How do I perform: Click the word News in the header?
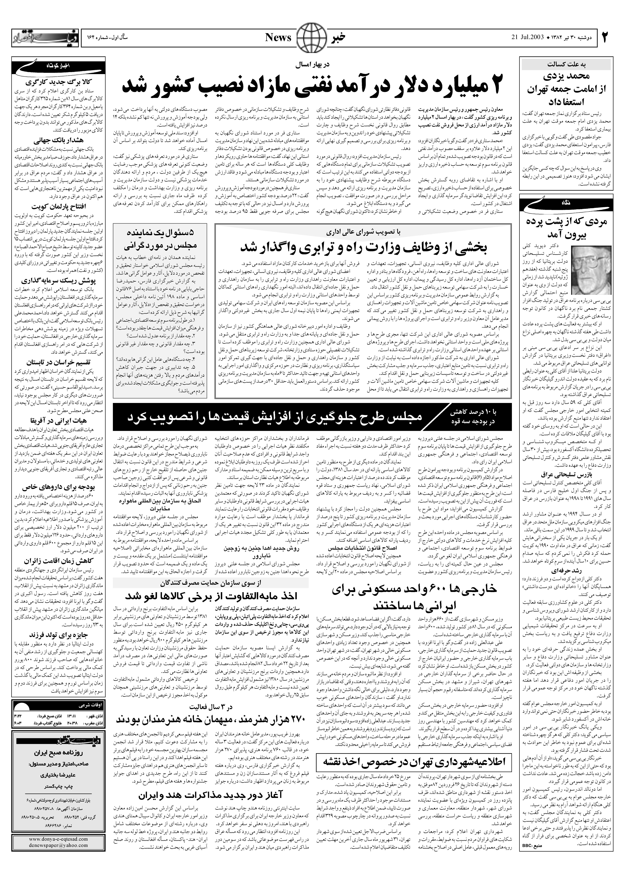pos(278,38)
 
